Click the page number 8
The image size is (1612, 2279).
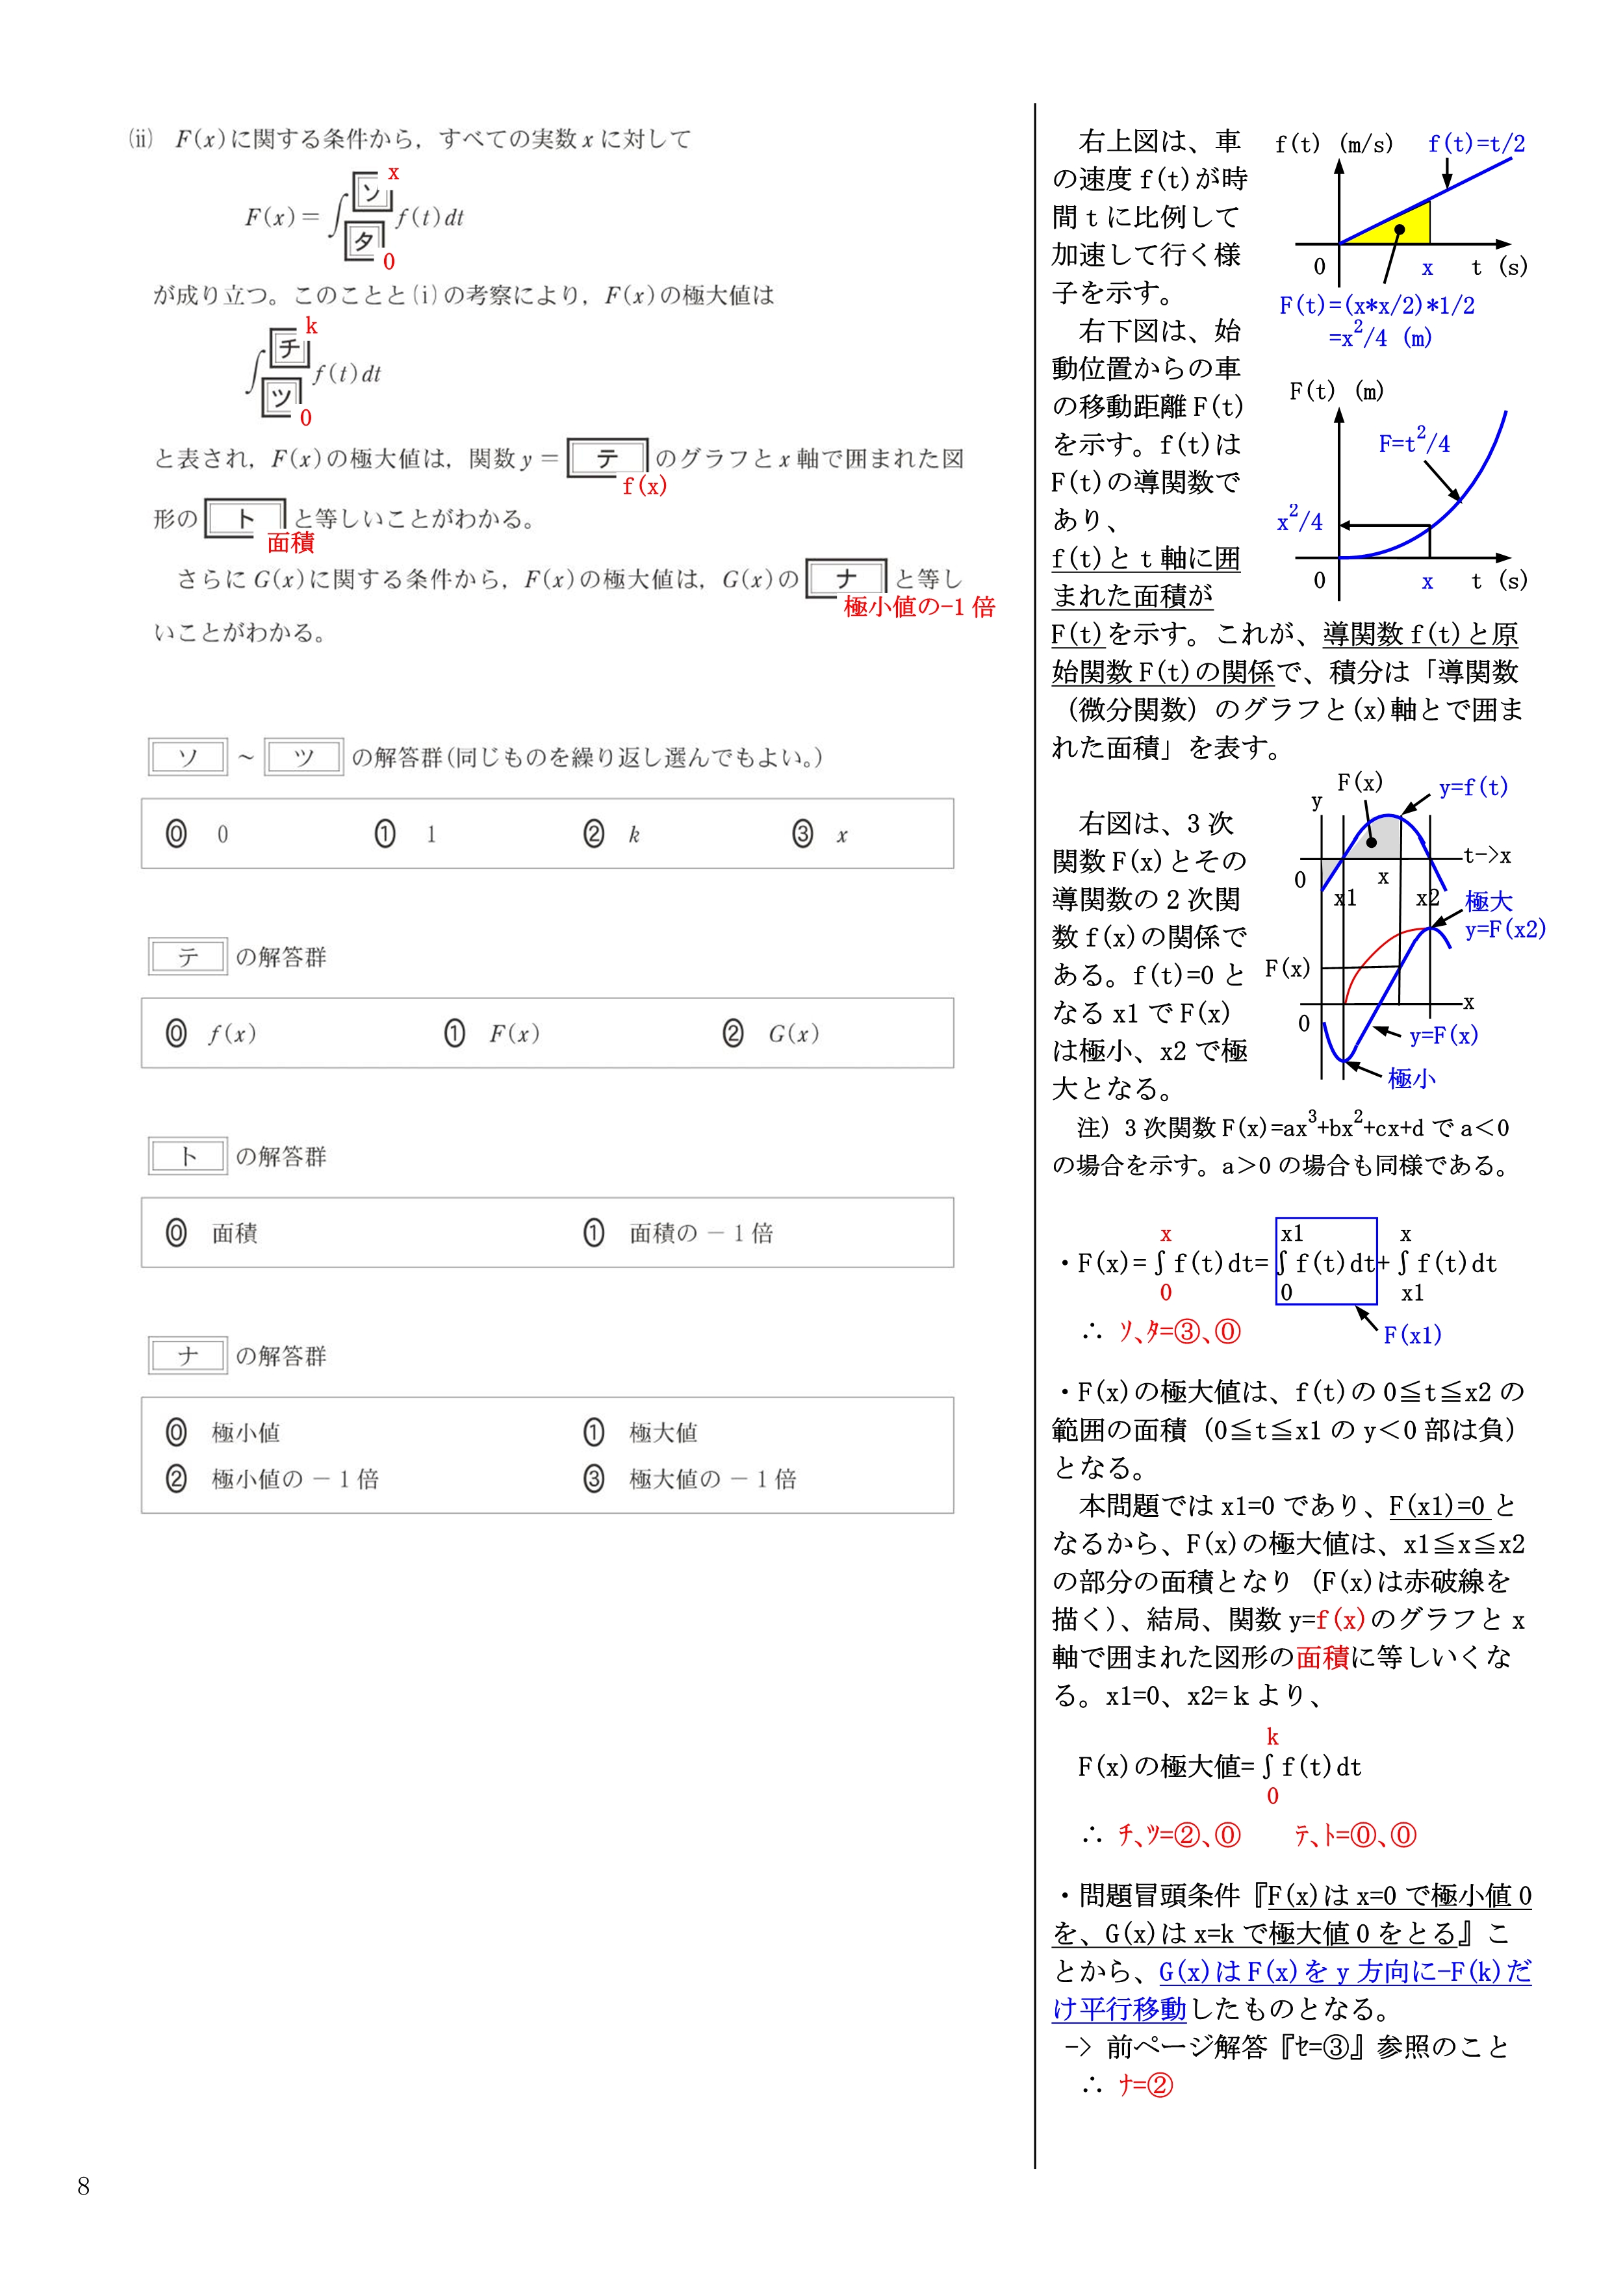pos(83,2185)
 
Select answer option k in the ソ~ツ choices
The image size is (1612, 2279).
pos(613,834)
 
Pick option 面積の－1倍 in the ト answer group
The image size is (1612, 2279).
pos(679,1233)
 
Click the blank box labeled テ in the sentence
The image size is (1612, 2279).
pos(608,457)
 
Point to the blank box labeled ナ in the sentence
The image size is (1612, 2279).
pos(846,578)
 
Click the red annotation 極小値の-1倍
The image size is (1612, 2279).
pos(918,607)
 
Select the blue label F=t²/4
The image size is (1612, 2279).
pos(1413,442)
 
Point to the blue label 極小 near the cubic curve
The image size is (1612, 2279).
pos(1411,1078)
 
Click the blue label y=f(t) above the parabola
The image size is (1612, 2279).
pos(1473,787)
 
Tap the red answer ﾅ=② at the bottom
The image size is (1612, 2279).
pos(1145,2085)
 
